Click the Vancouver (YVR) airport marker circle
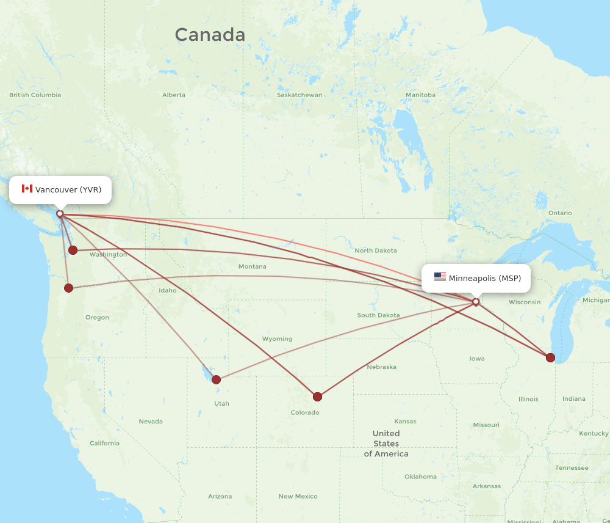(60, 214)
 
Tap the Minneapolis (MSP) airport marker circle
(476, 302)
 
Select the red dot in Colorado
(317, 397)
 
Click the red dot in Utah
(216, 379)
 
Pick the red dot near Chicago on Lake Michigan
(550, 357)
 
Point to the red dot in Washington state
(73, 250)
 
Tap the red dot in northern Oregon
(69, 288)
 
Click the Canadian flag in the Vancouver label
(27, 189)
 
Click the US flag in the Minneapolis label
(440, 277)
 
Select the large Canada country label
(210, 35)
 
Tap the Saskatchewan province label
(299, 95)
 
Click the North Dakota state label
(376, 251)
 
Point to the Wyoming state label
(277, 338)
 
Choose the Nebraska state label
(381, 367)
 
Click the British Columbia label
(35, 95)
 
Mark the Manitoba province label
(420, 95)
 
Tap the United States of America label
(386, 444)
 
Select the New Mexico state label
(298, 496)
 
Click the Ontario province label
(560, 213)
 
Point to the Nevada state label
(151, 422)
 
